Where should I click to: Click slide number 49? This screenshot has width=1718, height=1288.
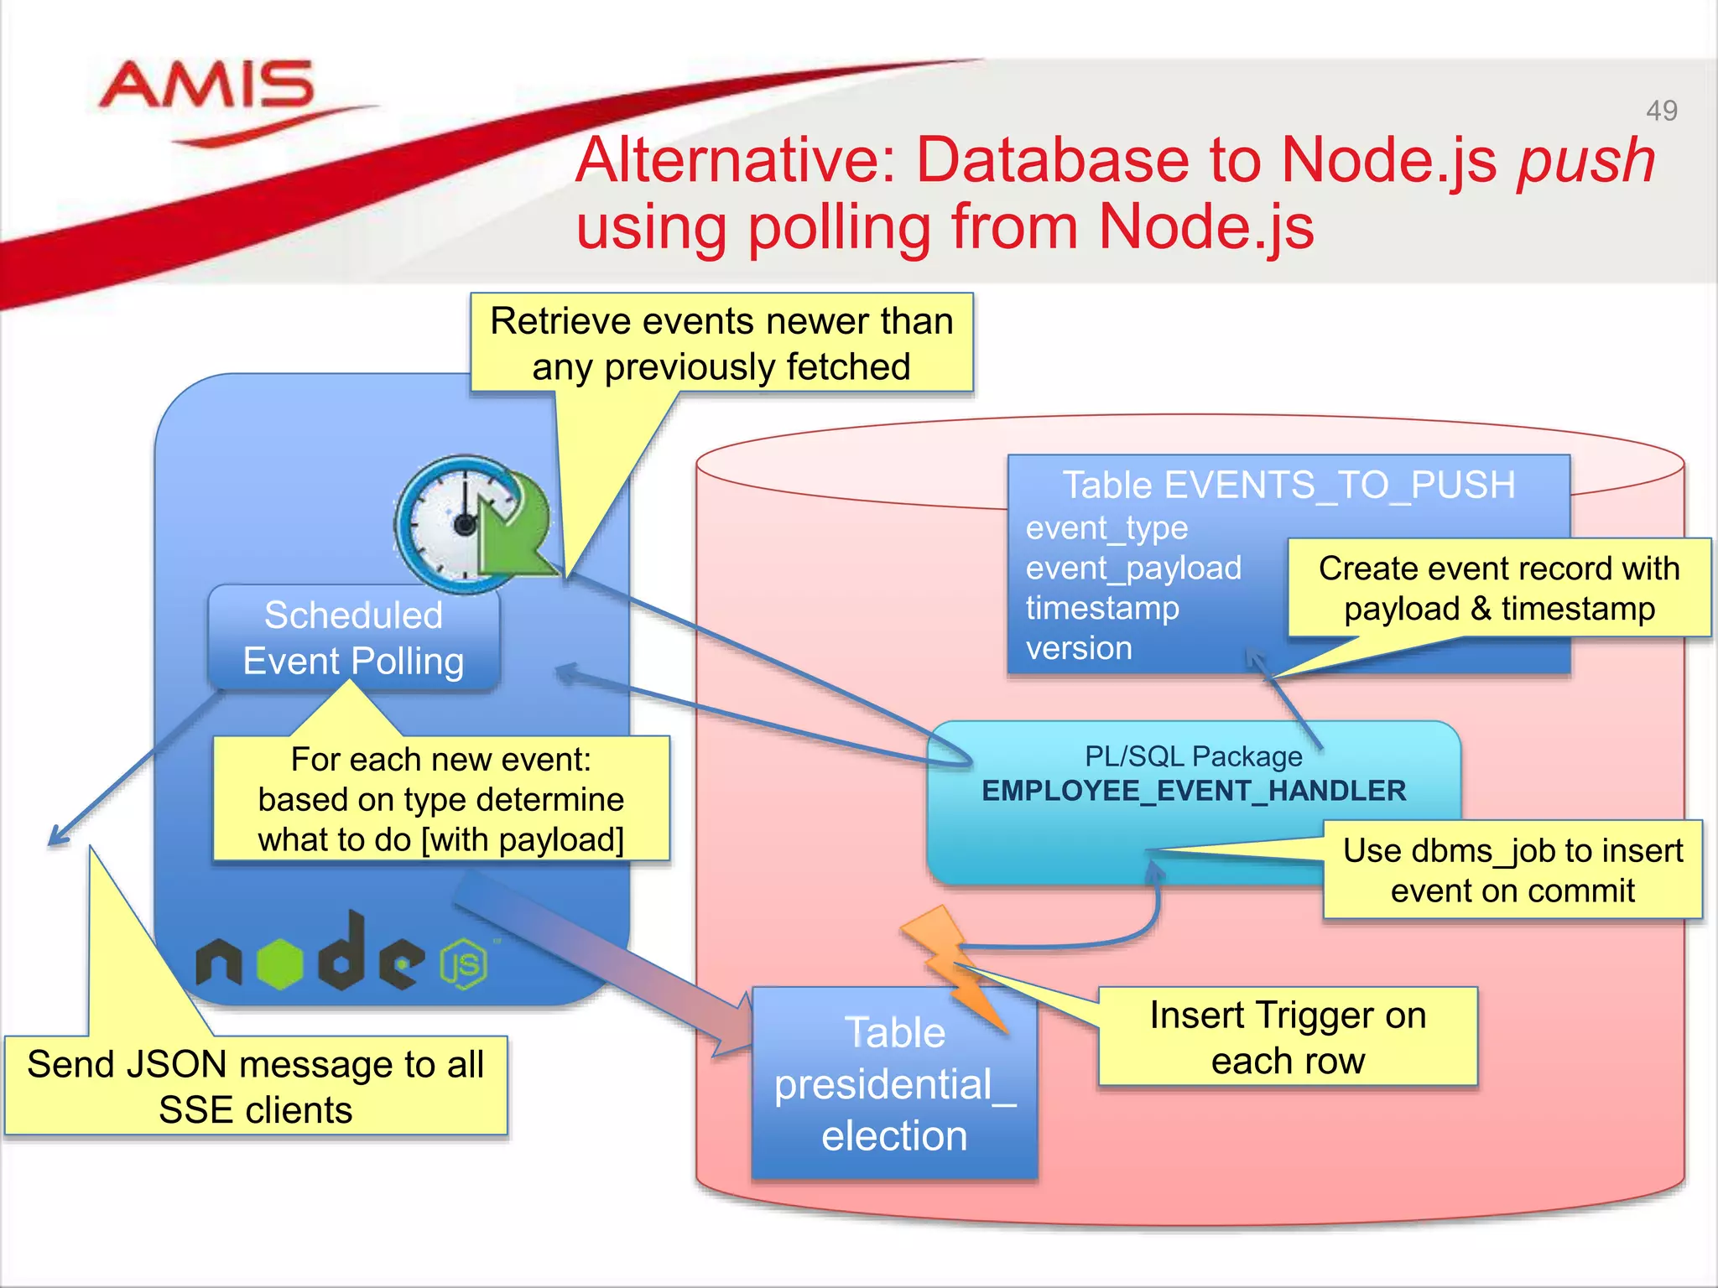[x=1661, y=111]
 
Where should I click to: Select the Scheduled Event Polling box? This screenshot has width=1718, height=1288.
[x=353, y=638]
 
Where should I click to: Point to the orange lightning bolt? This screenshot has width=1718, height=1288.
[x=952, y=964]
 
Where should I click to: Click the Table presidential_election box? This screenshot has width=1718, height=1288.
[x=894, y=1084]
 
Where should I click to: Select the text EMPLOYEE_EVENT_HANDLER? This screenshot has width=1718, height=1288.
[x=1193, y=791]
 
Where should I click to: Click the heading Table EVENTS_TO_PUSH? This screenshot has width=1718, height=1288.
[x=1288, y=485]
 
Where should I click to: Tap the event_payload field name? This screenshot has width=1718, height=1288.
[x=1133, y=569]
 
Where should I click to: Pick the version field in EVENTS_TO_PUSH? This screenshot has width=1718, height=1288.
[x=1079, y=648]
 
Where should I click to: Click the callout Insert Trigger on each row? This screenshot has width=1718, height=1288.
[x=1288, y=1037]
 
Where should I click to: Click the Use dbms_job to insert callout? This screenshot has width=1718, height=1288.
[x=1512, y=870]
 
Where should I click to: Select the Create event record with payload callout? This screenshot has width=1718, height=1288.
[x=1499, y=588]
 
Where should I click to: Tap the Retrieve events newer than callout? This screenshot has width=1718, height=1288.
[x=721, y=344]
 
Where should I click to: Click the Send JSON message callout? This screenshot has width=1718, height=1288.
[x=255, y=1087]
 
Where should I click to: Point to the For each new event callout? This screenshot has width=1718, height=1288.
[x=440, y=799]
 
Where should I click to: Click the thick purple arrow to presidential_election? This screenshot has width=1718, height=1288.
[x=604, y=964]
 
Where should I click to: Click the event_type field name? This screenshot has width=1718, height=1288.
[x=1106, y=528]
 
